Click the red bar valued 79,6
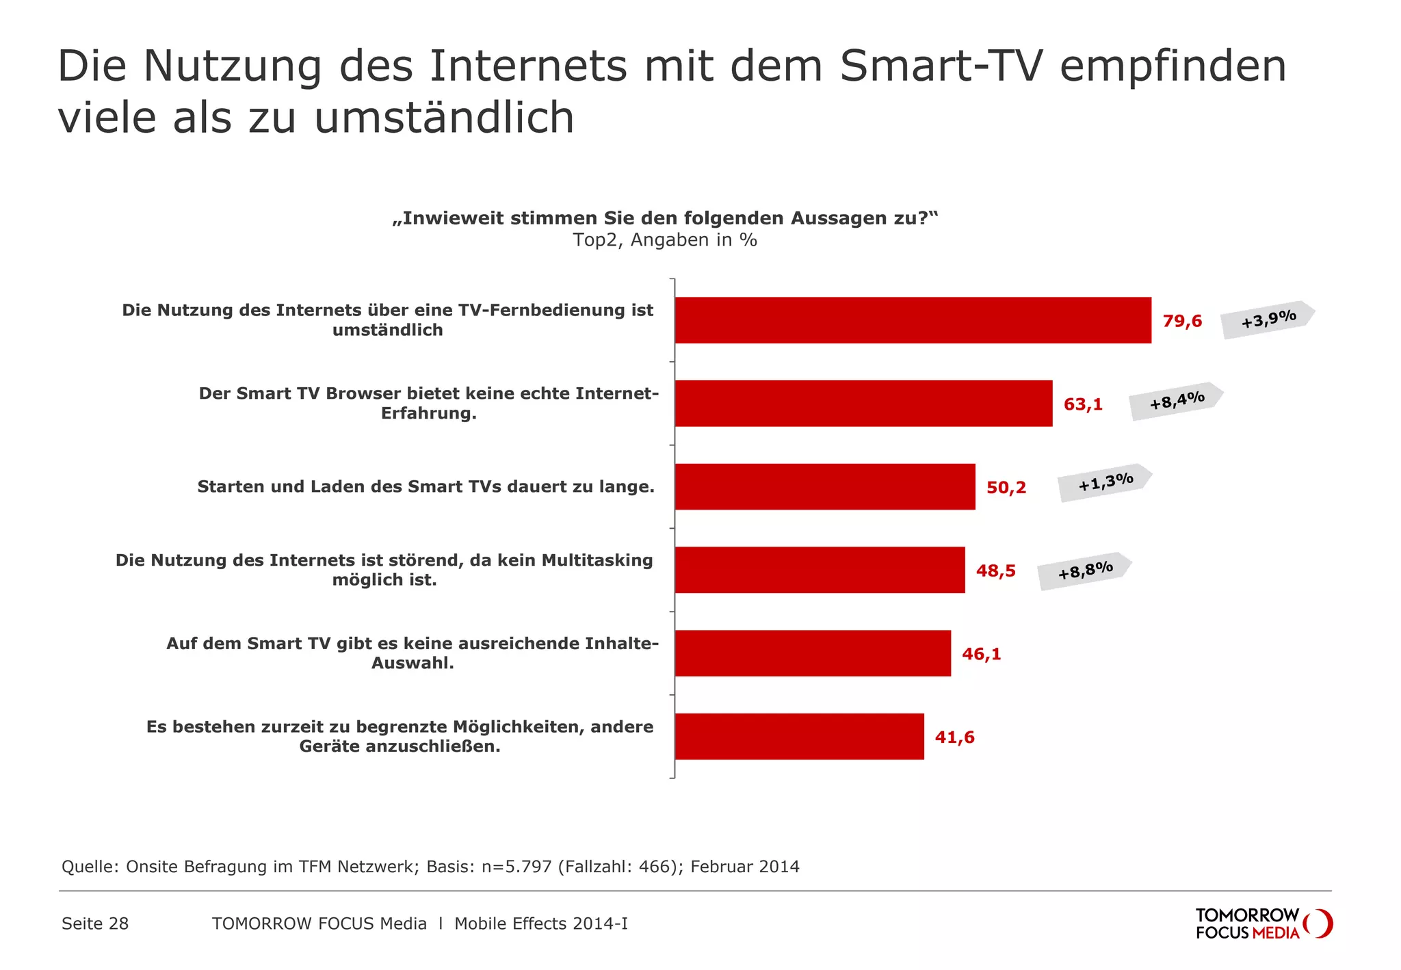pos(913,320)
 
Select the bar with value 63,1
pos(863,404)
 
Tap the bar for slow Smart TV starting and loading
pos(824,486)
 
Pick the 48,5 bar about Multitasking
pos(820,570)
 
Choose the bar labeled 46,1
pos(813,653)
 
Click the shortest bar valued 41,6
pos(799,737)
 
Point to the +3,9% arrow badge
pos(1268,319)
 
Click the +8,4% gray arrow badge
pos(1176,401)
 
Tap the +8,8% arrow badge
pos(1084,571)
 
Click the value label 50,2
pos(1006,488)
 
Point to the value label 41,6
pos(954,737)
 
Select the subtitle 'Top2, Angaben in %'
pos(665,240)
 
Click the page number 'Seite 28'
pos(95,923)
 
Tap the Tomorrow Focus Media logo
pos(1263,923)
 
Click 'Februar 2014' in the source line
pos(744,867)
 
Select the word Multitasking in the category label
pos(597,560)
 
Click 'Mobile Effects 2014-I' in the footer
pos(540,923)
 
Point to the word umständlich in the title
pos(444,118)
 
